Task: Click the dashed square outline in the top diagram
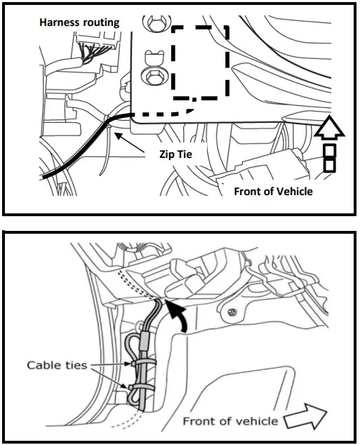point(201,61)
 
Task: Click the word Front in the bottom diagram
point(200,421)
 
